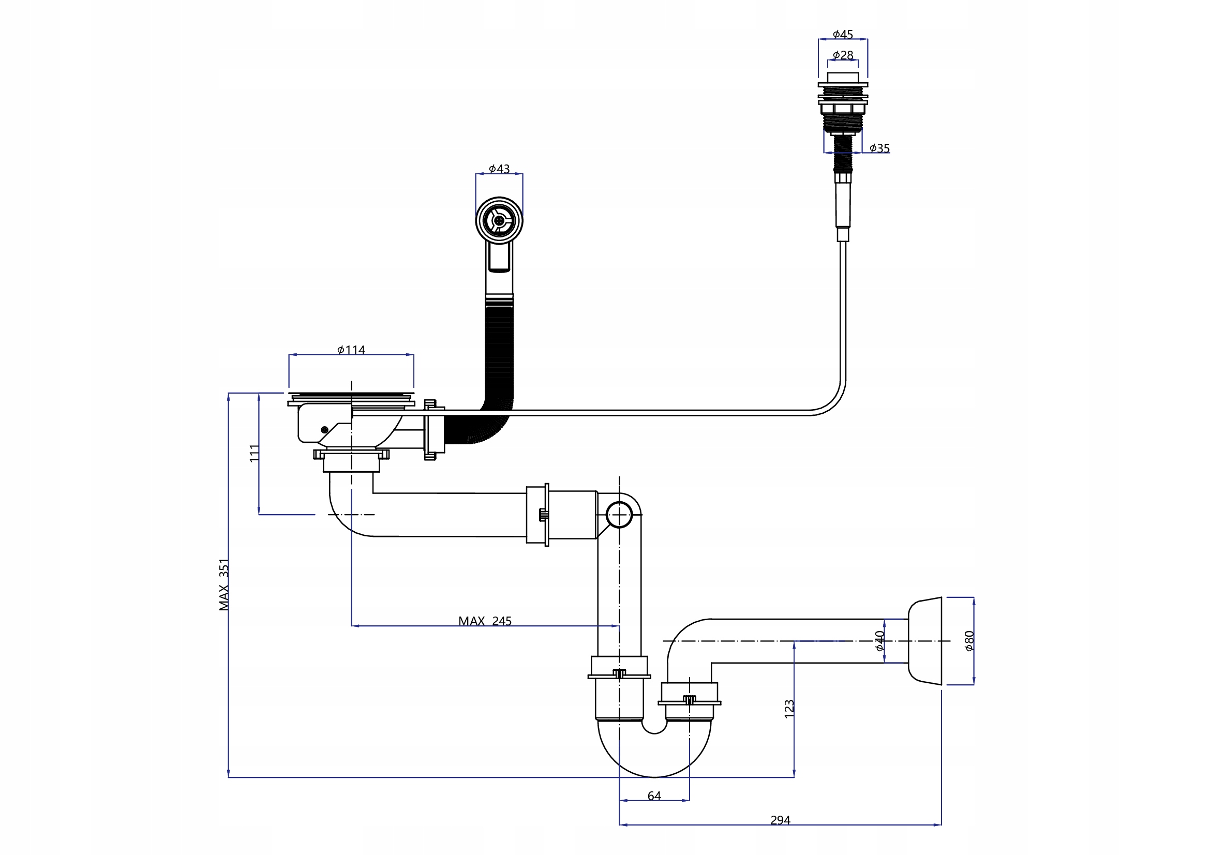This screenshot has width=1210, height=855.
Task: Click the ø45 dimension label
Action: (x=843, y=35)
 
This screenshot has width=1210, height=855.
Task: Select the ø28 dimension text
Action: (x=843, y=55)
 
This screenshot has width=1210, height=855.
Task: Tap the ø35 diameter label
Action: (x=879, y=148)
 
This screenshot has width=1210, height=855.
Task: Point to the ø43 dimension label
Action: (x=499, y=169)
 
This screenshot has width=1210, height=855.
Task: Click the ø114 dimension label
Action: (x=351, y=350)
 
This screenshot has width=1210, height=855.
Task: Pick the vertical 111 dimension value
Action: (x=255, y=454)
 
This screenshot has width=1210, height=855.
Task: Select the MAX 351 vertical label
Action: (x=225, y=585)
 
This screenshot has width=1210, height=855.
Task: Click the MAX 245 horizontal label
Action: (x=485, y=621)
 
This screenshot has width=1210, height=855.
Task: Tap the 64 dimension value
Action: (x=654, y=796)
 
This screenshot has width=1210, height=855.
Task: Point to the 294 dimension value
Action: (x=780, y=820)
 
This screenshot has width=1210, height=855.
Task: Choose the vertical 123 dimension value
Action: (x=789, y=709)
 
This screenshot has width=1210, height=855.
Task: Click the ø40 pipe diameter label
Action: (x=879, y=640)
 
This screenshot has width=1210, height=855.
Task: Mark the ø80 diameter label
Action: (x=969, y=640)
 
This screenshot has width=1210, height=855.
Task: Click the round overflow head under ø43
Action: (x=499, y=221)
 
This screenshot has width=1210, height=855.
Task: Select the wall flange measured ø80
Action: (x=926, y=641)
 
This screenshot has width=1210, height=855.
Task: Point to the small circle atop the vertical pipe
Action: (x=619, y=515)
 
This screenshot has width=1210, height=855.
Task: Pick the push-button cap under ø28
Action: (x=843, y=78)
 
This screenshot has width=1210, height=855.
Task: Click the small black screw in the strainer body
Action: (x=325, y=430)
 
